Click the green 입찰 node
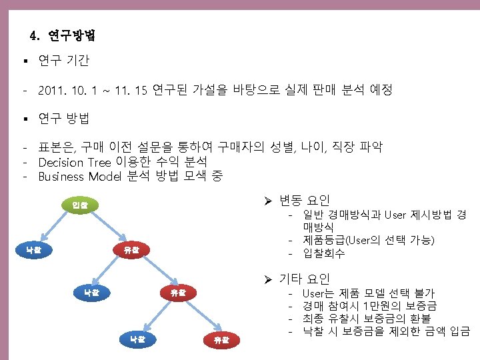point(79,205)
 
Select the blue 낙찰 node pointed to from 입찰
point(33,251)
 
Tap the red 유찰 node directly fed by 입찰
point(131,251)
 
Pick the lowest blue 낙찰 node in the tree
point(138,339)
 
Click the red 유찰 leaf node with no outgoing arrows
point(221,340)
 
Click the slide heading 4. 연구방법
point(63,35)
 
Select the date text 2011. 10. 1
point(67,89)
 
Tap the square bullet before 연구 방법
point(23,120)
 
